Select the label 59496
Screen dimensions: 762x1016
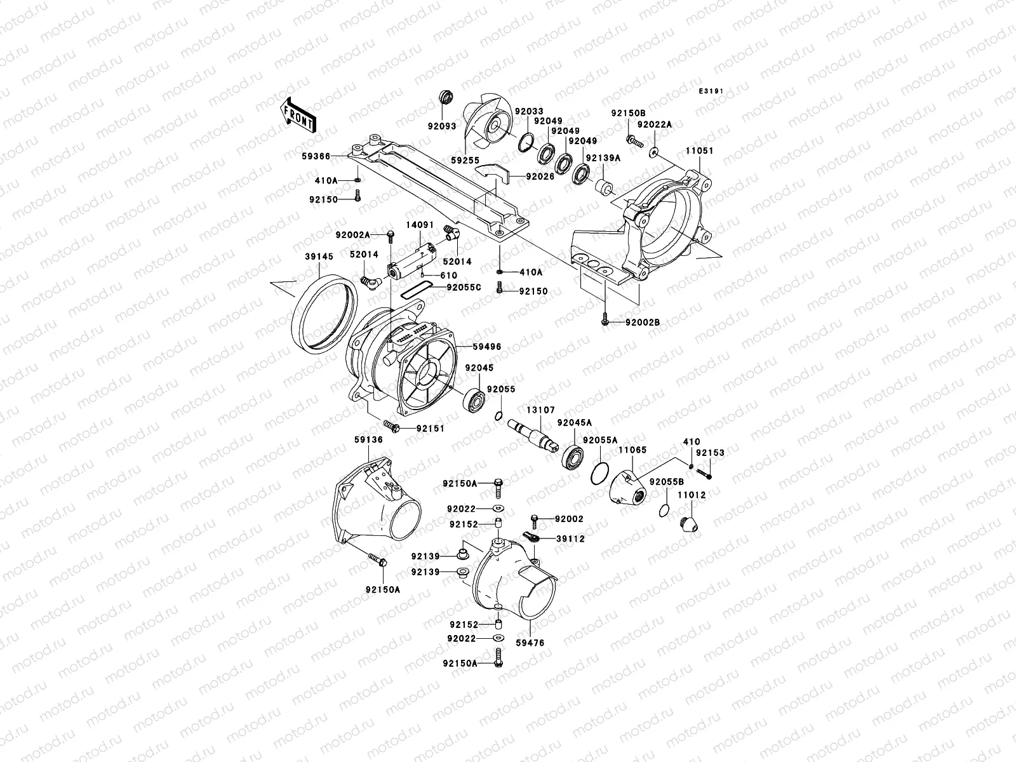pos(487,347)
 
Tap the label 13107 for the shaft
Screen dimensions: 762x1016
pos(539,410)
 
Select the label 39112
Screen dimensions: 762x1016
pos(570,538)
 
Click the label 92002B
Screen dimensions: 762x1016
pos(643,323)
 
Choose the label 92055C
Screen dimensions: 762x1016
pos(464,287)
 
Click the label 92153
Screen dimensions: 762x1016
pos(709,453)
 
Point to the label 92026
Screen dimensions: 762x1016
pos(540,177)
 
